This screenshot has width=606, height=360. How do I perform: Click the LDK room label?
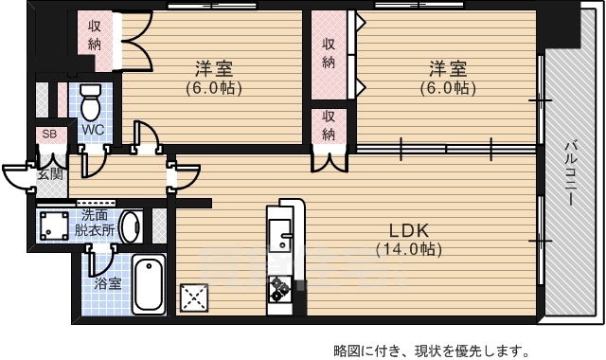point(408,231)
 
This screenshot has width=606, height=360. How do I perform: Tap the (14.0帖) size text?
point(408,250)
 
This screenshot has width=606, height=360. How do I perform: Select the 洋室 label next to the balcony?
point(449,69)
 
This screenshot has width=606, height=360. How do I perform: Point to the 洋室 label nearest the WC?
point(214,69)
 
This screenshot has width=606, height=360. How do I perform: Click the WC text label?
point(92,129)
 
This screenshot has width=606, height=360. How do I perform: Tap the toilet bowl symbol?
point(91,99)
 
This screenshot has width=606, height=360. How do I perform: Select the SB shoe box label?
point(48,135)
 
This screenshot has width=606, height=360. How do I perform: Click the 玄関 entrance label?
point(50,174)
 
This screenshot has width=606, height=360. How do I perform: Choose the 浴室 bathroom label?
point(107,283)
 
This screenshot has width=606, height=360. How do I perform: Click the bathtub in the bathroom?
point(148,282)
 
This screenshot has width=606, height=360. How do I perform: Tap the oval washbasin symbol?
point(132,226)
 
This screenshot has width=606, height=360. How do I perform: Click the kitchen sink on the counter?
point(282,232)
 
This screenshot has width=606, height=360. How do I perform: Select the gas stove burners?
point(281,287)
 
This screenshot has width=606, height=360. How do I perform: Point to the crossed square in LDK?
point(195,297)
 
